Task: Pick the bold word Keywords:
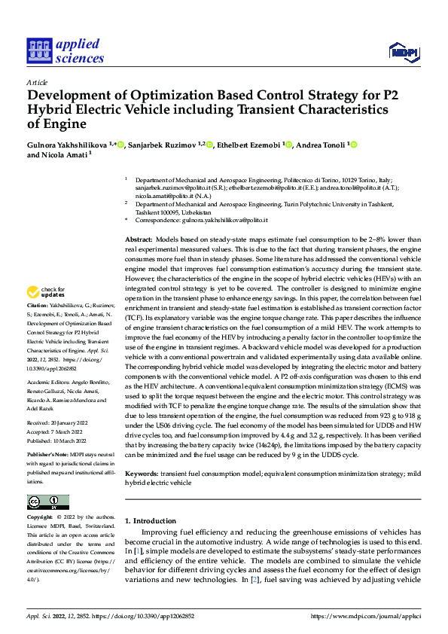(x=142, y=474)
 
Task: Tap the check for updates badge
(x=47, y=292)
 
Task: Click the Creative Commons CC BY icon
(x=47, y=501)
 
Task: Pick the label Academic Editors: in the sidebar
(x=48, y=383)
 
